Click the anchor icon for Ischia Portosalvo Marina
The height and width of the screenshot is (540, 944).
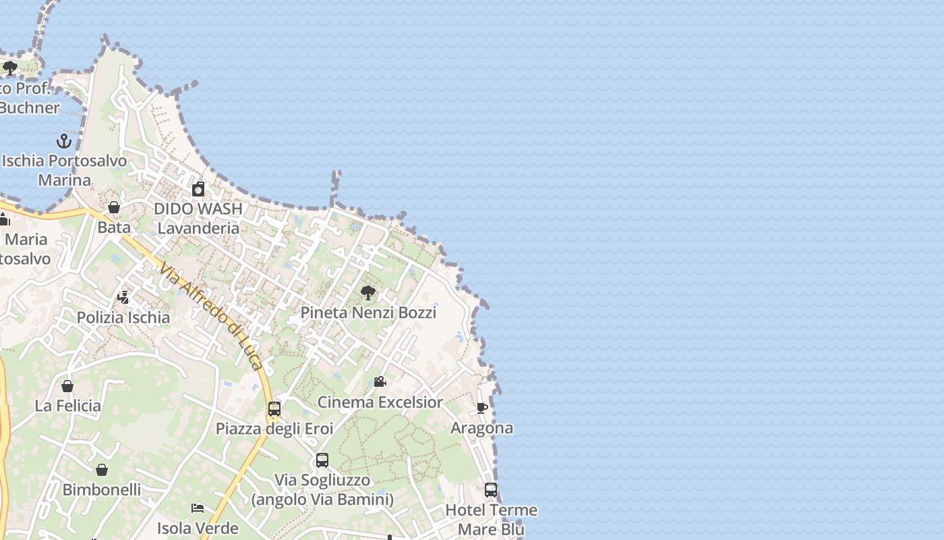click(x=64, y=141)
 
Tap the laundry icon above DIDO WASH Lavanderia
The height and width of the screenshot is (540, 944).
click(x=198, y=189)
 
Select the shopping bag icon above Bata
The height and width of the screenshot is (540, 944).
click(x=114, y=207)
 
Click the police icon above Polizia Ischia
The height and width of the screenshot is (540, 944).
click(x=123, y=297)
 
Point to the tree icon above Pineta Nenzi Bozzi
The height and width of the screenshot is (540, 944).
click(x=368, y=293)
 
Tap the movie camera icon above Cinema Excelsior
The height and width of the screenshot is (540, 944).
click(x=380, y=382)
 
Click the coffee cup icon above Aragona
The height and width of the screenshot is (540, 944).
click(x=481, y=408)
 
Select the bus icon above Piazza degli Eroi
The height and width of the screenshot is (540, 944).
click(x=274, y=409)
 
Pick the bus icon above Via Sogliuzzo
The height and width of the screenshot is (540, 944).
click(x=322, y=460)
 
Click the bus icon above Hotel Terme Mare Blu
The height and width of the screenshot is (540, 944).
click(x=491, y=490)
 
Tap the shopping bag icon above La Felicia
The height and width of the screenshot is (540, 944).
click(x=67, y=386)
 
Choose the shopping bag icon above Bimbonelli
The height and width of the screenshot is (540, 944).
click(x=102, y=470)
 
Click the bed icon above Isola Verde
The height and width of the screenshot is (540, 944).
click(x=198, y=508)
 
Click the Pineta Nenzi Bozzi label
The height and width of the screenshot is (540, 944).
click(x=368, y=313)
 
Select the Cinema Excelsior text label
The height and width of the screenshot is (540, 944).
click(x=380, y=402)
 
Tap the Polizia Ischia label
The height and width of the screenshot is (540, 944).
click(x=123, y=317)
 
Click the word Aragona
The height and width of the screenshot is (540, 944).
click(x=481, y=428)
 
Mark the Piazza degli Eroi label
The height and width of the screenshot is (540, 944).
click(x=274, y=429)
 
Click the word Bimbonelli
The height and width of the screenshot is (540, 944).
click(x=102, y=489)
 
